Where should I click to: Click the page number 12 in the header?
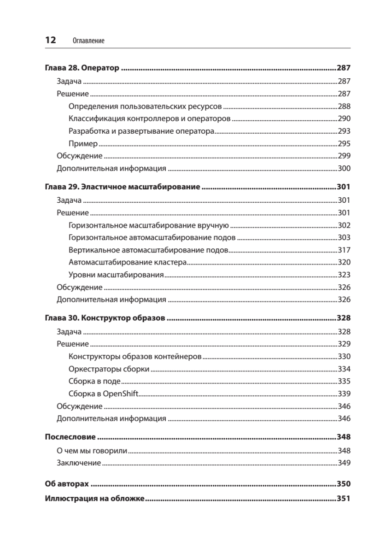[x=50, y=40]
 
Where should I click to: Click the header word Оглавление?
[x=89, y=41]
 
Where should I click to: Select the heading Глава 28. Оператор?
[x=82, y=68]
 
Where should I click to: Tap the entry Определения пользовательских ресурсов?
[x=145, y=106]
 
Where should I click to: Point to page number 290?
[x=344, y=118]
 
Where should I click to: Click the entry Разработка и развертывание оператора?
[x=141, y=131]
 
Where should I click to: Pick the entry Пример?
[x=83, y=143]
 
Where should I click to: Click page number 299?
[x=344, y=156]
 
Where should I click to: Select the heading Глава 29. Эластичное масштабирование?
[x=122, y=188]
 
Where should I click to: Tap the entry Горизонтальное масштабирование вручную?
[x=148, y=225]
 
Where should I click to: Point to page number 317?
[x=344, y=250]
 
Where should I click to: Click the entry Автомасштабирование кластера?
[x=127, y=263]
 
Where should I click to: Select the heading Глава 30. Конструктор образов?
[x=105, y=318]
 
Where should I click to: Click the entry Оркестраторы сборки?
[x=109, y=369]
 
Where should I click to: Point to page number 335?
[x=344, y=381]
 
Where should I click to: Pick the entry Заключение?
[x=79, y=463]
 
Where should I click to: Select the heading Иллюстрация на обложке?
[x=95, y=498]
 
